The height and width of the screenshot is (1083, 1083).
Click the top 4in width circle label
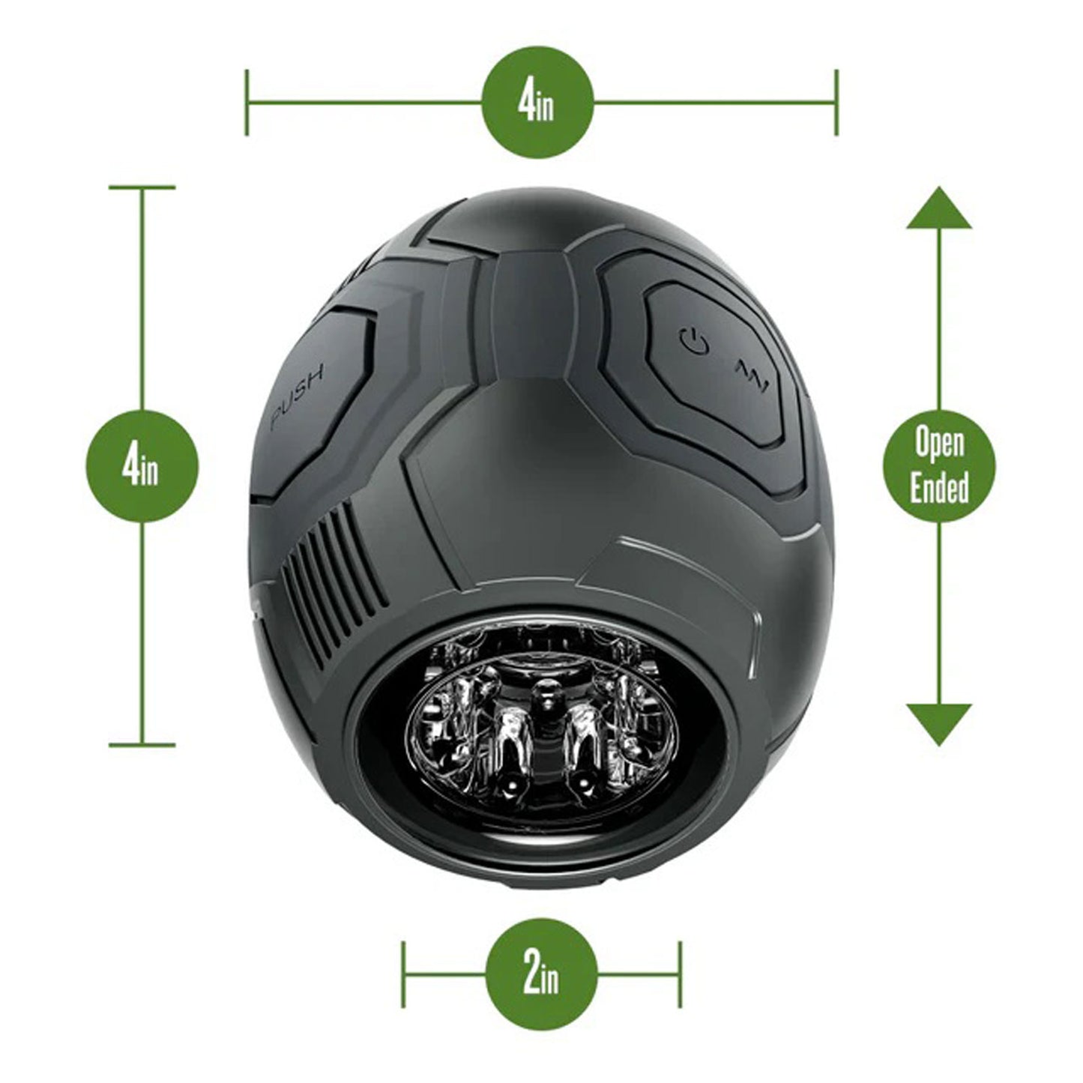tap(537, 102)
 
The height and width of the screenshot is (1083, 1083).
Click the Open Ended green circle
tap(939, 465)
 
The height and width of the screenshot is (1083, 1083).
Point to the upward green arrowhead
tap(939, 209)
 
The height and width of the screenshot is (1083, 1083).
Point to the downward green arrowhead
tap(939, 722)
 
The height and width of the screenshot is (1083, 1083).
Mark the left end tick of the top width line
tap(247, 102)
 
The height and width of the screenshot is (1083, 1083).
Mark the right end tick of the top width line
tap(836, 102)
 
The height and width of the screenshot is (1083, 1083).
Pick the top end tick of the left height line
tap(142, 187)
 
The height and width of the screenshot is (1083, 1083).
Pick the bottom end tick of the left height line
tap(142, 745)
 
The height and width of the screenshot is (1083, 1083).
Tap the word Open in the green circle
tap(939, 444)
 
